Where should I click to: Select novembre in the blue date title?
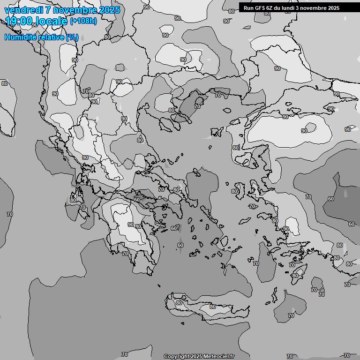(x=70, y=10)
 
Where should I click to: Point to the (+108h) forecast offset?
(x=83, y=21)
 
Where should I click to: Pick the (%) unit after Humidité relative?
(x=72, y=37)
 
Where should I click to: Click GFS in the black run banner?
(x=259, y=8)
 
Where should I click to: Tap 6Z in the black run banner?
(x=270, y=8)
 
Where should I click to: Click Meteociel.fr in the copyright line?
(x=218, y=356)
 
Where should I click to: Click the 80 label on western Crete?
(x=179, y=303)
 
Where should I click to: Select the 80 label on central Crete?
(x=213, y=307)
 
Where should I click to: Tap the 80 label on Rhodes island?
(x=295, y=276)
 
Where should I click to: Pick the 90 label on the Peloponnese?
(x=131, y=225)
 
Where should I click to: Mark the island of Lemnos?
(x=216, y=132)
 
